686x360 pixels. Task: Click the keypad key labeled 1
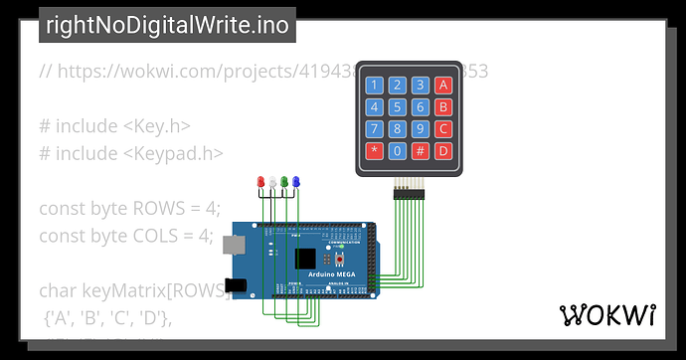(375, 85)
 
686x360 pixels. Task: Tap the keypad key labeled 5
(398, 106)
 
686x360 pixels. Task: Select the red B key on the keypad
(443, 106)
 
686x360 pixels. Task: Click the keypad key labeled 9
(421, 128)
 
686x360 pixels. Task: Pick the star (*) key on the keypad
(375, 151)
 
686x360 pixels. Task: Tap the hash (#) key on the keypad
(421, 151)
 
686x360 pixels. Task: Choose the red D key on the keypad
(443, 151)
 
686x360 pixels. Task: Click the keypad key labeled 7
(375, 128)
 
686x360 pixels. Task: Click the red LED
(261, 182)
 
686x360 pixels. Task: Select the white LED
(272, 182)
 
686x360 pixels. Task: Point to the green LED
(284, 182)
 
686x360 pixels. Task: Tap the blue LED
(295, 182)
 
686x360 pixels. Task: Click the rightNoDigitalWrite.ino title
(166, 26)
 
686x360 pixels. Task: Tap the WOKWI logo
(608, 315)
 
